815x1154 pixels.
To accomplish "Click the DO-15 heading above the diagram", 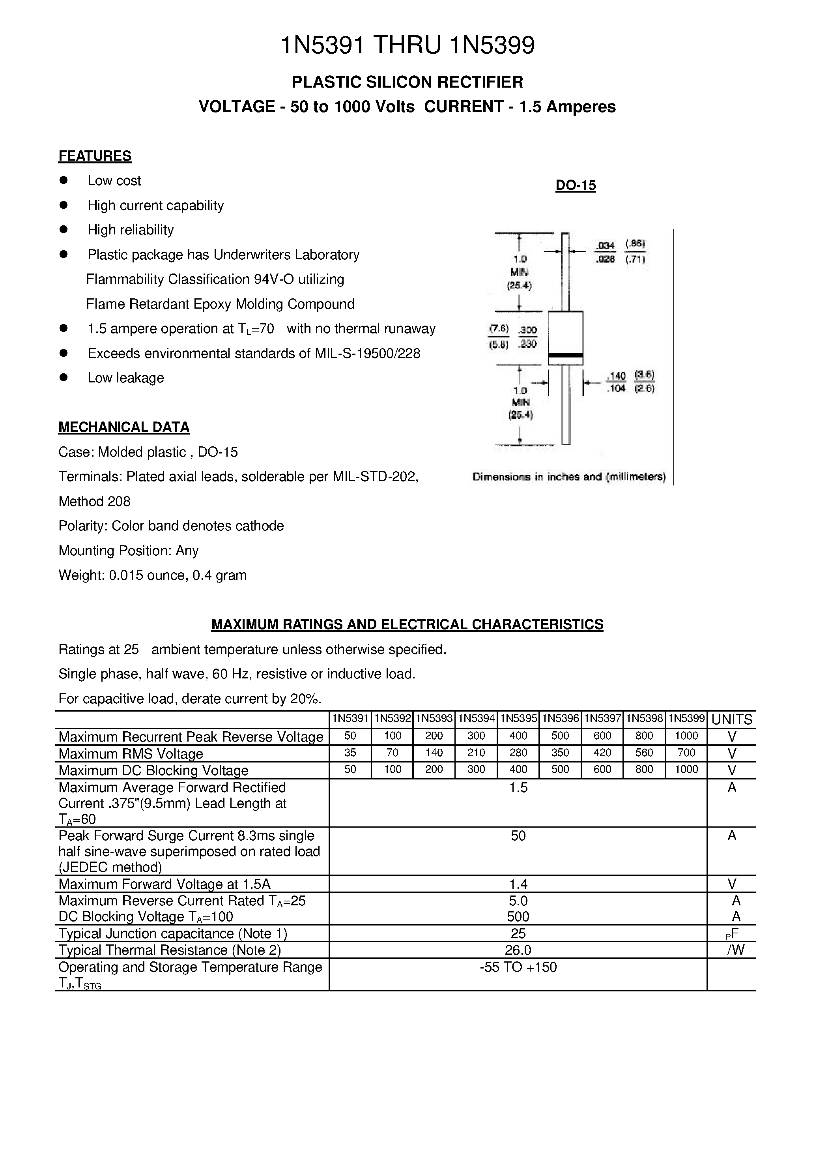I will tap(575, 185).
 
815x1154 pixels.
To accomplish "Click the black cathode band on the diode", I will tap(565, 355).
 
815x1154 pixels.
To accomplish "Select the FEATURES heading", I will tap(95, 156).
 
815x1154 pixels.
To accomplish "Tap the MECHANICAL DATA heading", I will tap(123, 427).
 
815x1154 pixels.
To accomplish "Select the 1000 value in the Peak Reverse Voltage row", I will tap(686, 736).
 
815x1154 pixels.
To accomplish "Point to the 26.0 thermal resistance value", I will tap(518, 950).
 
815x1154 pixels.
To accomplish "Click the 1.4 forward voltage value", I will tap(518, 884).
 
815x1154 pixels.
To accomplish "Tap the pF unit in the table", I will tap(732, 934).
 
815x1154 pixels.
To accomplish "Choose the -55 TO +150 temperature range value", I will tap(518, 967).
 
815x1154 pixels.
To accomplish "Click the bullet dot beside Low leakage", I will tap(63, 377).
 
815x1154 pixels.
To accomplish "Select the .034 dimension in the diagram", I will tap(606, 245).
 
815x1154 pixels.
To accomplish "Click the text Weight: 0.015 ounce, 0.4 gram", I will tap(152, 575).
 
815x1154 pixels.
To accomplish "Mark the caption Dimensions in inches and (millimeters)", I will tap(569, 477).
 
